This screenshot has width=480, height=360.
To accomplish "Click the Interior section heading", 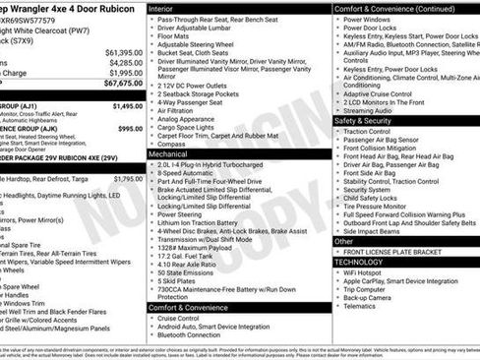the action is (x=161, y=8).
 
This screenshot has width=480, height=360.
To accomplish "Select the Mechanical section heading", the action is (x=169, y=153).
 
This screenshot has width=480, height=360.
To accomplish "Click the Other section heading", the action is (x=344, y=240).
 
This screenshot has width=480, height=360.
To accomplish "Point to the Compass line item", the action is (x=171, y=143).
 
